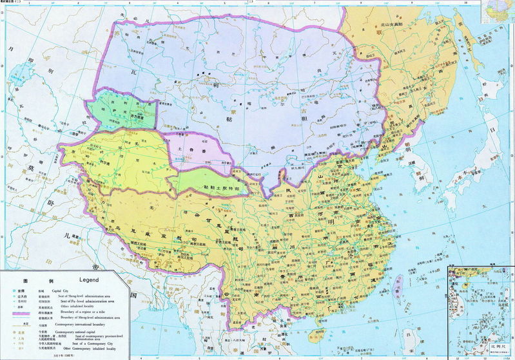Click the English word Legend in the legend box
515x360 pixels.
tap(88, 280)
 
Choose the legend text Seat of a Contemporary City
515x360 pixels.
tap(76, 345)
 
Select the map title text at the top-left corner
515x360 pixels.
tap(13, 3)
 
